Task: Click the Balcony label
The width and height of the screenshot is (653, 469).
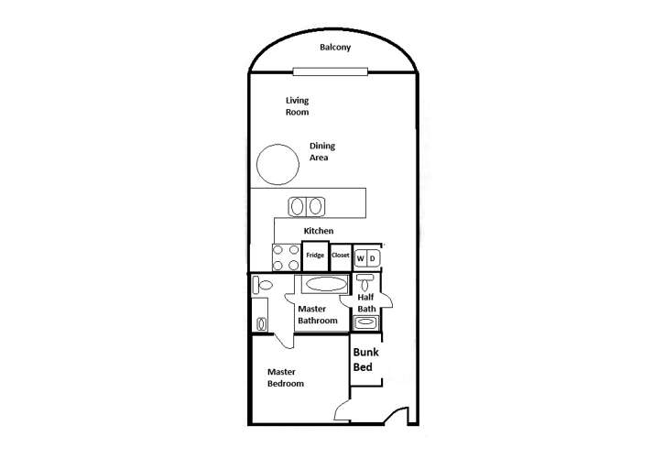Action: click(x=336, y=48)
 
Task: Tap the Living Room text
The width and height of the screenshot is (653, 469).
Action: click(x=297, y=106)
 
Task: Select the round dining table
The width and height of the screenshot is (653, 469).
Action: click(x=277, y=166)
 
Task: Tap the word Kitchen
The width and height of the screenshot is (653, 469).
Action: click(x=319, y=231)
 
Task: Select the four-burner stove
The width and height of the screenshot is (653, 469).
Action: click(x=286, y=256)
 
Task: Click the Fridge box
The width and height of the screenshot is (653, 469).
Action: click(x=316, y=256)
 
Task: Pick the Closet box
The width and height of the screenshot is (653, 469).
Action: click(x=341, y=256)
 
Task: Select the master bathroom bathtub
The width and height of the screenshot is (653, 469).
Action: click(x=321, y=284)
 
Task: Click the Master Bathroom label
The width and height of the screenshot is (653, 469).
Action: click(x=318, y=315)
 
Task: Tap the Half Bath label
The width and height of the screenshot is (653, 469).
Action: click(x=366, y=303)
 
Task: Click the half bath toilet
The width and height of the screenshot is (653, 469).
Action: click(x=365, y=281)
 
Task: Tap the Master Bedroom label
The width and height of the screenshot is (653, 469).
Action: click(x=286, y=377)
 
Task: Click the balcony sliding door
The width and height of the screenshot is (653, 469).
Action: click(x=332, y=71)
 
